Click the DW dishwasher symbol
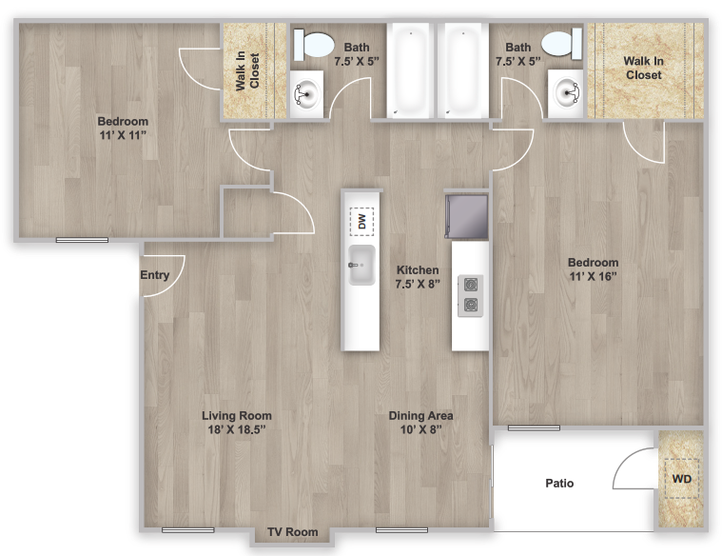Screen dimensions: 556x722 click(361, 222)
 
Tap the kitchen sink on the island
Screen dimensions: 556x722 click(361, 265)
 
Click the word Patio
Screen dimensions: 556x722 click(559, 483)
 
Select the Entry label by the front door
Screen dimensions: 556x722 click(155, 275)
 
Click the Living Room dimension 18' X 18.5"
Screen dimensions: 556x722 click(237, 429)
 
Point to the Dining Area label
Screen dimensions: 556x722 click(420, 415)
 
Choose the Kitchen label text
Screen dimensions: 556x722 click(418, 270)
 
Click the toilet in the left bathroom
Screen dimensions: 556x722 click(313, 44)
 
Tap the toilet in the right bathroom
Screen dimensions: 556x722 click(560, 44)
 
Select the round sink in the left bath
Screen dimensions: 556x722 click(306, 93)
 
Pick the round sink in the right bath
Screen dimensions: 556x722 click(568, 93)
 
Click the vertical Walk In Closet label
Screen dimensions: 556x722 click(248, 70)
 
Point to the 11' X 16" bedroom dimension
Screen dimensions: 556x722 click(593, 277)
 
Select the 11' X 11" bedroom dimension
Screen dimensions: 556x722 click(123, 136)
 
